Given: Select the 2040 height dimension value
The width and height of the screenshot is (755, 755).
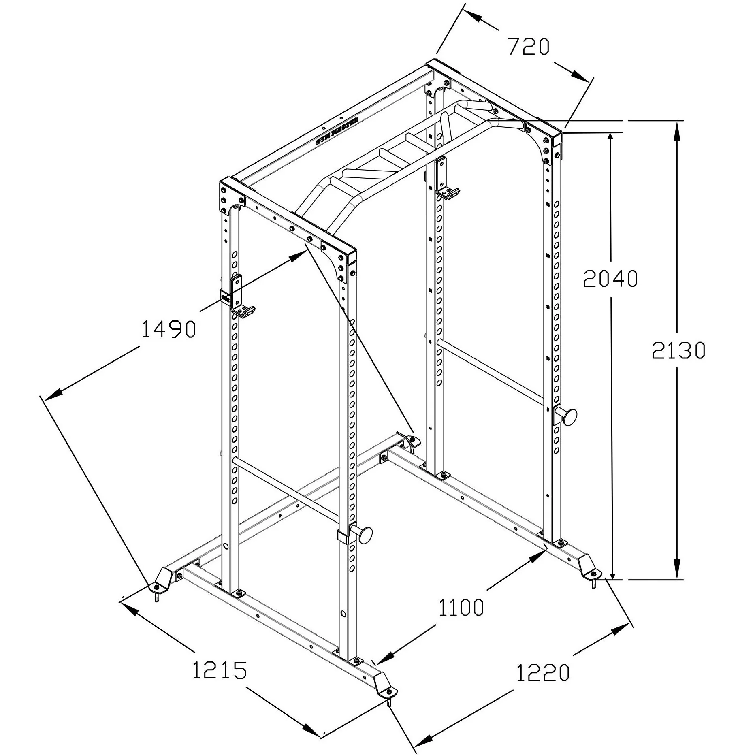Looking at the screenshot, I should click(x=610, y=279).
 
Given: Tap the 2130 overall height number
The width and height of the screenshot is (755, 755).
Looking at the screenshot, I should click(x=678, y=351).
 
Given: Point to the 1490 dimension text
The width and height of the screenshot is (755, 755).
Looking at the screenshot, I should click(x=169, y=329).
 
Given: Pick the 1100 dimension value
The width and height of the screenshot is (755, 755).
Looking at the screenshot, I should click(x=461, y=608).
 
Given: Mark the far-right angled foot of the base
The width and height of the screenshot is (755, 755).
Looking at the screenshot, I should click(x=588, y=565).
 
